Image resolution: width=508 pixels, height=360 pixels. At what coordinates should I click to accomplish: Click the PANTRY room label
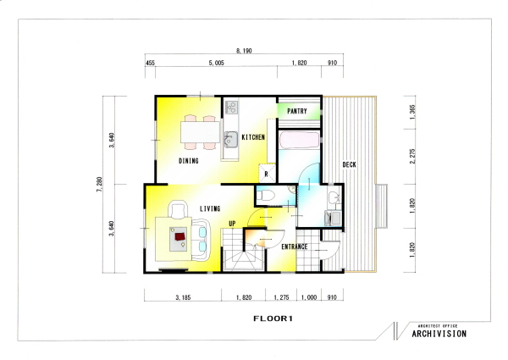297,111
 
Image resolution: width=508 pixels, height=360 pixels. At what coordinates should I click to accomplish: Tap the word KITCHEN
253,137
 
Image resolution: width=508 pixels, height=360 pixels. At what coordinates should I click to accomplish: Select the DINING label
189,161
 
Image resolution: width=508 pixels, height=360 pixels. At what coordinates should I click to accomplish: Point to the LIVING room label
210,208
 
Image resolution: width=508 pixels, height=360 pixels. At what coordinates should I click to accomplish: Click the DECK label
349,164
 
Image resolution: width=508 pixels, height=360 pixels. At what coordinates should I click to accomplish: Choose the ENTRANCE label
294,246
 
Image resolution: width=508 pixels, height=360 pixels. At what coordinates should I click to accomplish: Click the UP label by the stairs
232,224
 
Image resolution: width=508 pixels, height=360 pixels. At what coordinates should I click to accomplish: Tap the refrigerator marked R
267,174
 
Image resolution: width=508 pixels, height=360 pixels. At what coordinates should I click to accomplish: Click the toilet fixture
266,196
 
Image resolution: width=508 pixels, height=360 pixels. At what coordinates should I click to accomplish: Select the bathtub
299,141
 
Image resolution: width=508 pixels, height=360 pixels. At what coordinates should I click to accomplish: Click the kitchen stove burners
232,107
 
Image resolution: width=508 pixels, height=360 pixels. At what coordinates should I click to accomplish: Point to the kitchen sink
230,140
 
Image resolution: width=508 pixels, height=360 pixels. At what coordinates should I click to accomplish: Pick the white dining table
200,132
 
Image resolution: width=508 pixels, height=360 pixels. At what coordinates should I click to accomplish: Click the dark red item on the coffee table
180,235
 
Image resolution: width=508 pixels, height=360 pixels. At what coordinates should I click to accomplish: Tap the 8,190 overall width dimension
244,51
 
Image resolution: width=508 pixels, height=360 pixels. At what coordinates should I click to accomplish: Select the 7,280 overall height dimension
99,185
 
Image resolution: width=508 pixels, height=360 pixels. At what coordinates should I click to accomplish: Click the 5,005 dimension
216,63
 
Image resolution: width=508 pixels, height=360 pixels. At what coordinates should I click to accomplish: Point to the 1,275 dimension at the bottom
281,297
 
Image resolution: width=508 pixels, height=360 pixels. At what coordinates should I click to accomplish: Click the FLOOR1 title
273,318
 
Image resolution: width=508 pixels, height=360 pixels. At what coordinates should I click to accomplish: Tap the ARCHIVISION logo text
439,334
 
